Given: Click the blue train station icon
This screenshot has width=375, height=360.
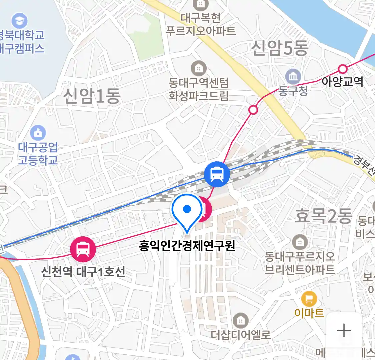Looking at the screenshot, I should point(217,174).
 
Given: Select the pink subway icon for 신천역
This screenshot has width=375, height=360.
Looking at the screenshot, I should point(83,249).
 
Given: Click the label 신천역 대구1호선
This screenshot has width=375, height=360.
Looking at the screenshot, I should point(83,272).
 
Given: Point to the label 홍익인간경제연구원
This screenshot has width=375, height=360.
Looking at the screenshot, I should point(187,246).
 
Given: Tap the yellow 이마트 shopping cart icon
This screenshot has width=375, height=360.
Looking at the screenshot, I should point(309,298).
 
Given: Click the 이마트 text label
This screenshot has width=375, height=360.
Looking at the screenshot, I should point(309,313).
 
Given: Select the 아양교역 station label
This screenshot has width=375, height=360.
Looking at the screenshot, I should point(342,82).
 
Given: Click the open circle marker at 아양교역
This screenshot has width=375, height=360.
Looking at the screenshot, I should point(343,69).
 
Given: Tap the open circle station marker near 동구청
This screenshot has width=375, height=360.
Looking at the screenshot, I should point(253,110).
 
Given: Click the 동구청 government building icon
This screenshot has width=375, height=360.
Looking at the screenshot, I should point(293,77).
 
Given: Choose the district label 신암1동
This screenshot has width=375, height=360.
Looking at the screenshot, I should point(92,96).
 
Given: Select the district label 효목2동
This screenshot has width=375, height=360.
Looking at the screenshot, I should point(323,216).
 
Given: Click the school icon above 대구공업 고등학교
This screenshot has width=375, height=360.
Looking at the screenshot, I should point(38,133).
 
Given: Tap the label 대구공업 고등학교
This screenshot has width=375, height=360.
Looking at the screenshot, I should point(38,153).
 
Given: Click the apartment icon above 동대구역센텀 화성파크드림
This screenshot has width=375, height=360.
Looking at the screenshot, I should point(198,69).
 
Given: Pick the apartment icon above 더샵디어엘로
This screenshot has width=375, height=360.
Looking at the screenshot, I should point(240,321).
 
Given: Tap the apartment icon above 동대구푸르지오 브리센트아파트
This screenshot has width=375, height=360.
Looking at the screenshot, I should point(300,242).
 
